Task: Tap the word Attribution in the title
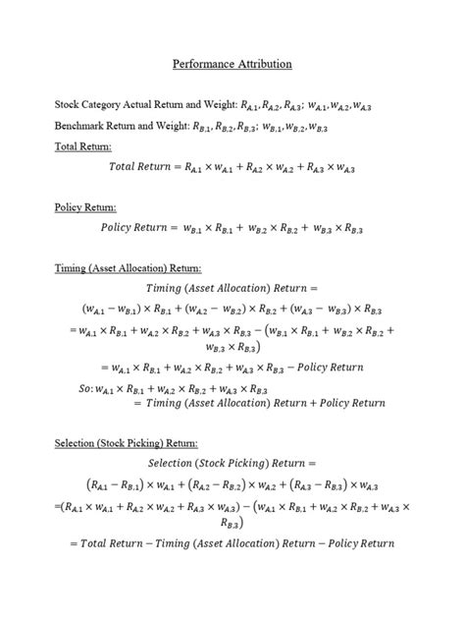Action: (x=262, y=64)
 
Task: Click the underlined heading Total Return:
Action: (x=83, y=146)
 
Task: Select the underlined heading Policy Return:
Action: (x=84, y=207)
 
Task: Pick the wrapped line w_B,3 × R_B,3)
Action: (x=232, y=348)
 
